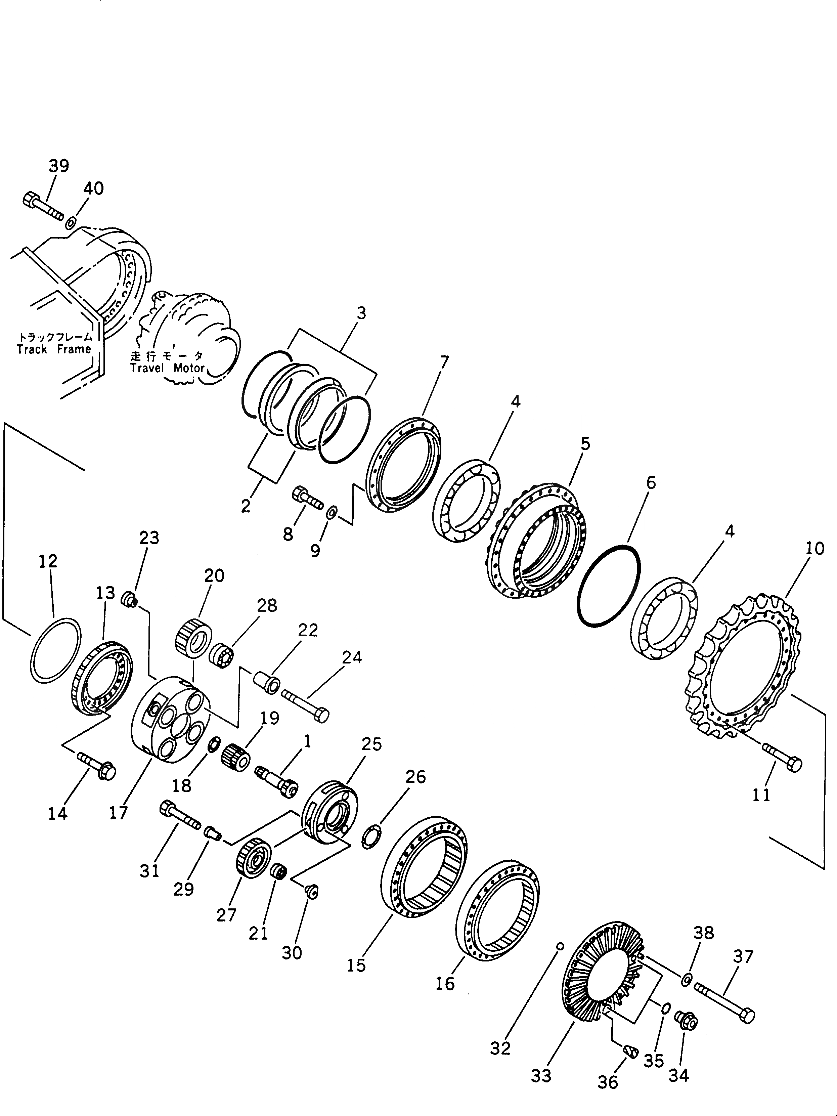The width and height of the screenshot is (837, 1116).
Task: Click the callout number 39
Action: [59, 166]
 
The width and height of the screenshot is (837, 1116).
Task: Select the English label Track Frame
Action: [54, 349]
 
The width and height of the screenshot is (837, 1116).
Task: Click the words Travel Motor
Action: [167, 368]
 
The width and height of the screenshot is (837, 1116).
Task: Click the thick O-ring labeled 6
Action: [609, 586]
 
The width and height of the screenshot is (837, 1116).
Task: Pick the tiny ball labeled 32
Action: [559, 946]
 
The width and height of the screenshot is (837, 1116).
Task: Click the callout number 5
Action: [585, 444]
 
